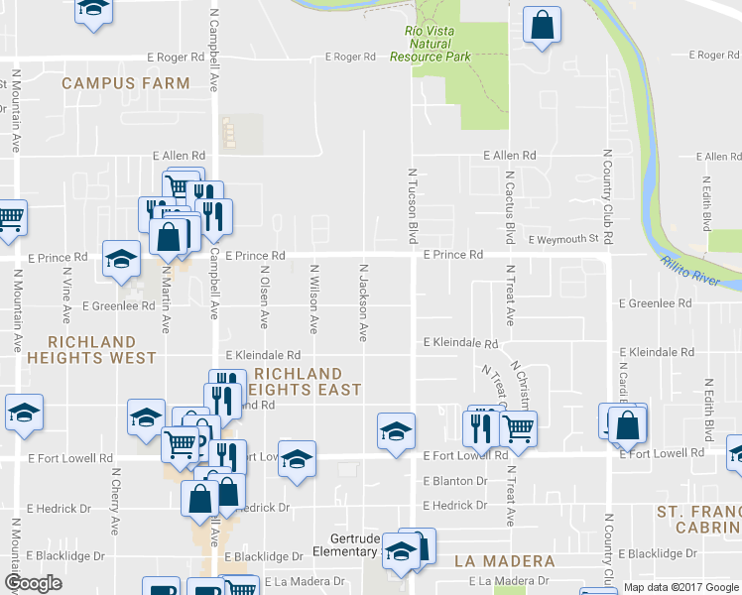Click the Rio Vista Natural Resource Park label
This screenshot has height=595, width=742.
coord(430,44)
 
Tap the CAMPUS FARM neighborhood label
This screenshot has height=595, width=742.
coord(125,83)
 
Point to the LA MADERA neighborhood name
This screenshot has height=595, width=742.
coord(505,561)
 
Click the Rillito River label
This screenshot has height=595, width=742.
coord(690,270)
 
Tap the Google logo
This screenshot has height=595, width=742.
coord(33,583)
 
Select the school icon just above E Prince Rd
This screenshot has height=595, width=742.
coord(122,259)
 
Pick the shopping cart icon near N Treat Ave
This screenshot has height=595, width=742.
coord(517,427)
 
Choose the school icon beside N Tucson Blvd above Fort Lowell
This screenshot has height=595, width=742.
coord(395,430)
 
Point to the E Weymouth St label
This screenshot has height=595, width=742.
coord(563,239)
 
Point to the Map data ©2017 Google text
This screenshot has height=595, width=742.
coord(681,587)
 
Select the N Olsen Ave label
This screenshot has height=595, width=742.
coord(265,297)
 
